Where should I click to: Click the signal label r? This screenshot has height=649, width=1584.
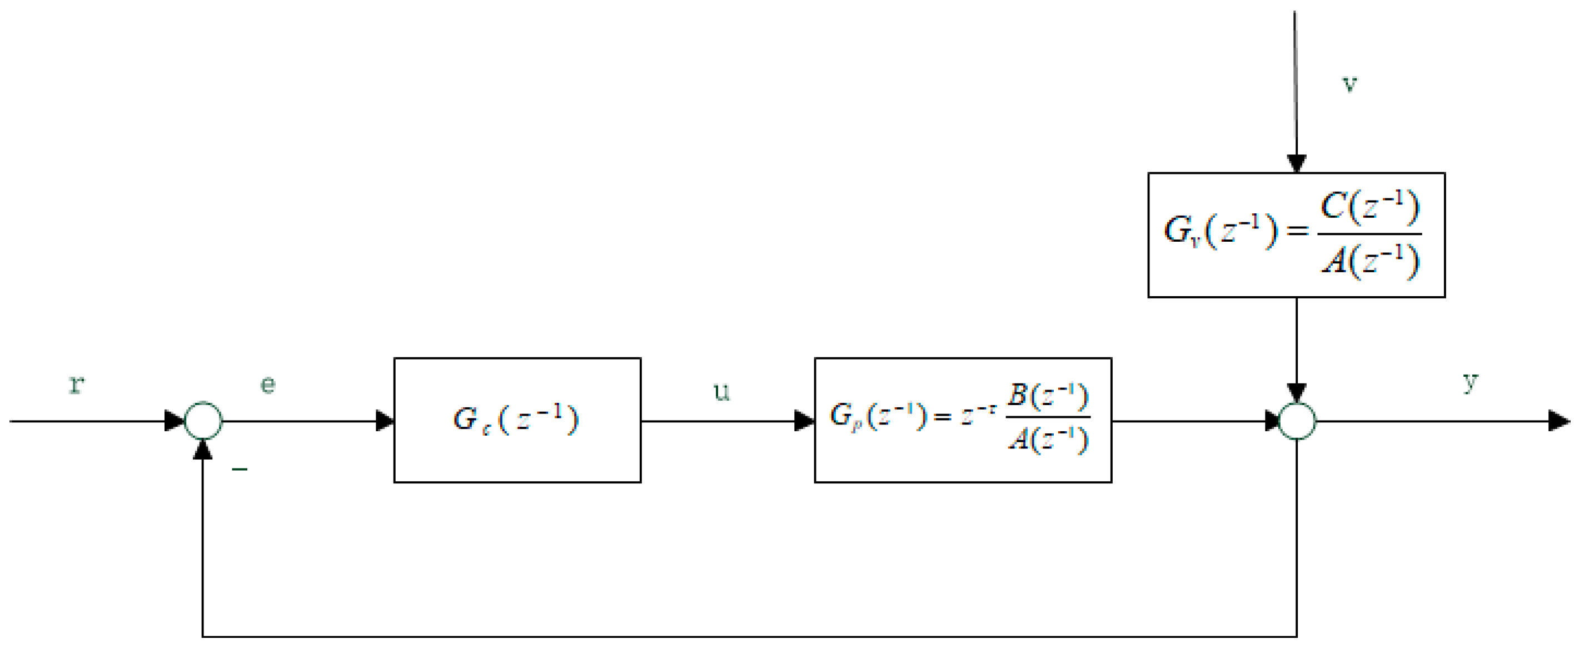[76, 385]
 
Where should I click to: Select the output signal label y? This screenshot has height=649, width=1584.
[1470, 382]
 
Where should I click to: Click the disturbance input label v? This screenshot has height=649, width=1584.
[1349, 83]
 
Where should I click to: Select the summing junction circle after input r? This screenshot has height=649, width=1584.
[203, 422]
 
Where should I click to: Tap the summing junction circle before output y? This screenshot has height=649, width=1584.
[1297, 422]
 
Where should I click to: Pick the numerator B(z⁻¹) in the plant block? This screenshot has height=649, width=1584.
[1047, 396]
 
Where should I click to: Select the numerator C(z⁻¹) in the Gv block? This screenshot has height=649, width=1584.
[1370, 207]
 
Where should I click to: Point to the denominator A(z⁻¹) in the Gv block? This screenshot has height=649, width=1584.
[1370, 261]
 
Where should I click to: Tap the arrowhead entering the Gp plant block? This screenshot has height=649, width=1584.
[804, 422]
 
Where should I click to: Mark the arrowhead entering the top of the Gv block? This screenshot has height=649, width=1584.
[1297, 163]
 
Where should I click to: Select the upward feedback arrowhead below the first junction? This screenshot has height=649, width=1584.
[203, 451]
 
